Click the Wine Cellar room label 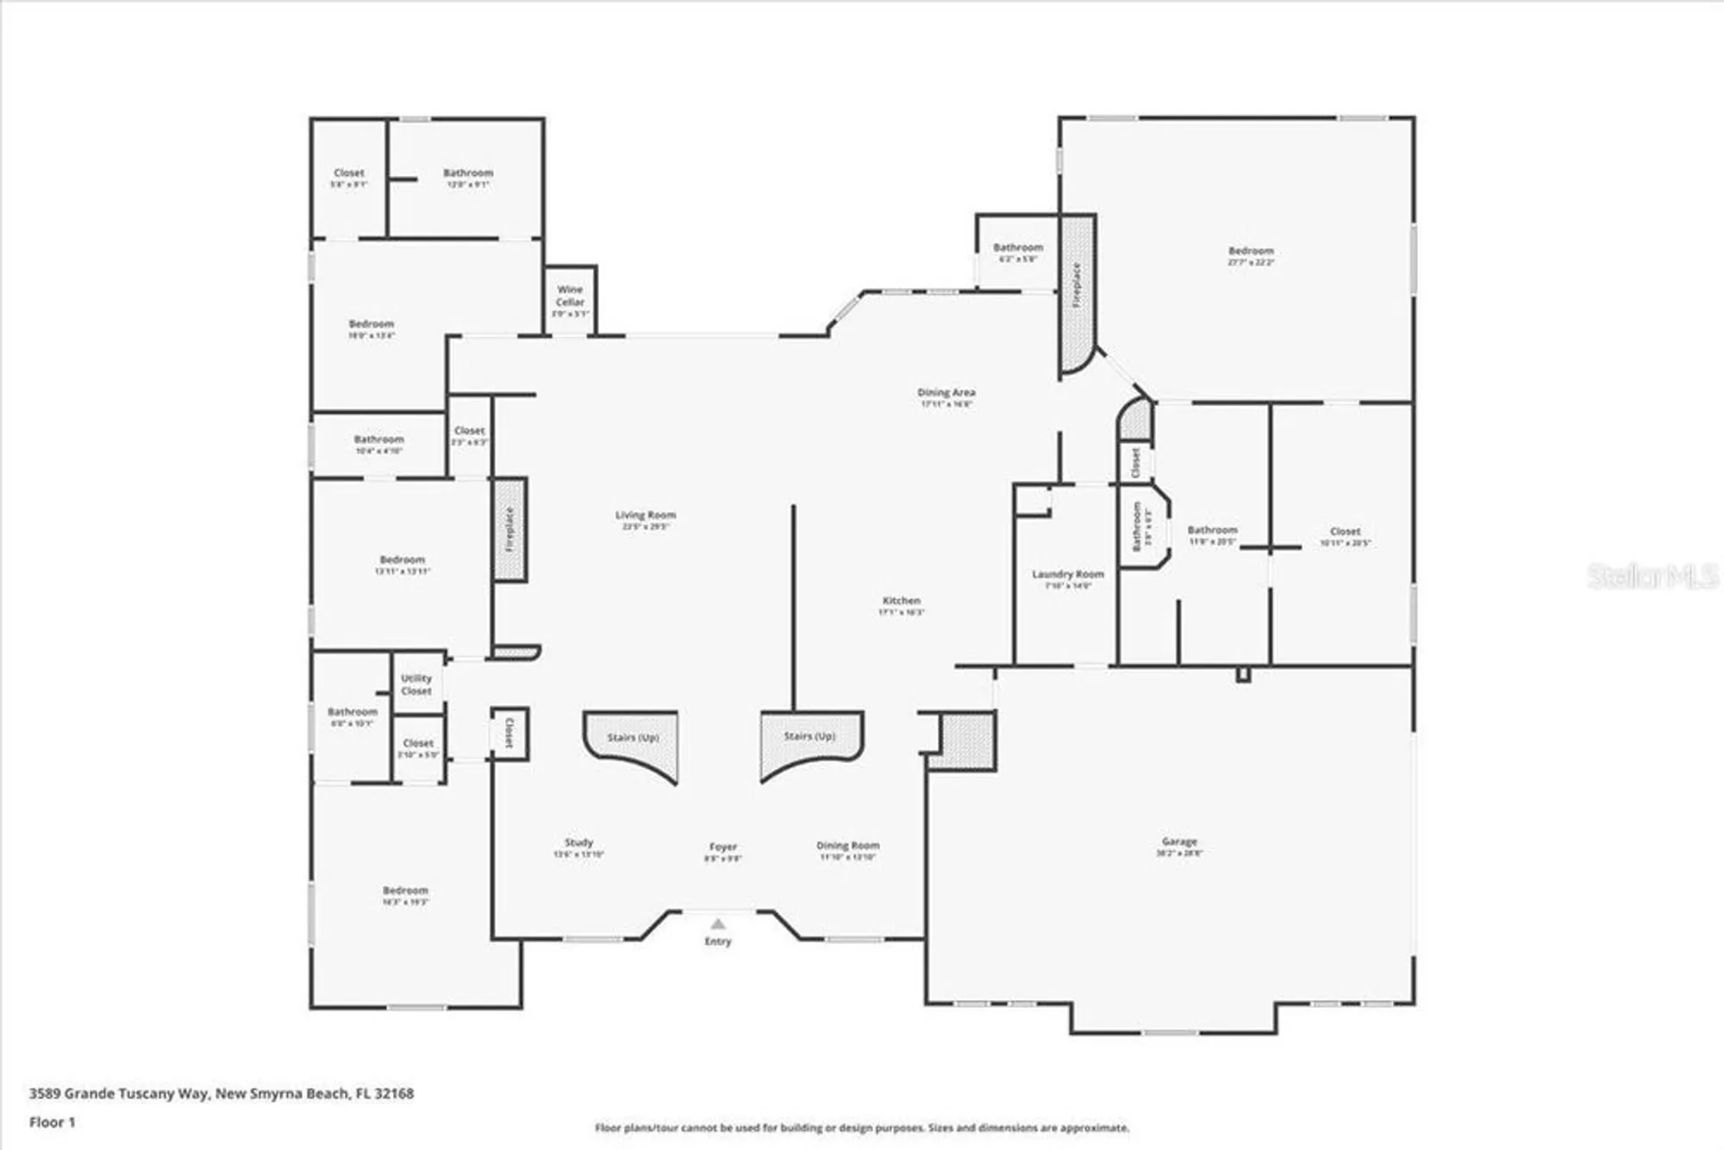point(570,296)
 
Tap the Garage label point(1178,841)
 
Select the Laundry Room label point(1067,574)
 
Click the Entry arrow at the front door point(718,924)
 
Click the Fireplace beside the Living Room point(509,529)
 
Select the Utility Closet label point(416,684)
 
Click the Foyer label point(722,847)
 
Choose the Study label point(578,842)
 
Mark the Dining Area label point(946,393)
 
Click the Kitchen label point(901,601)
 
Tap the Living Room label point(645,516)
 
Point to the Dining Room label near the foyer point(847,846)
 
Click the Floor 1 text point(53,1122)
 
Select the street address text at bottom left point(222,1093)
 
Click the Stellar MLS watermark point(1652,576)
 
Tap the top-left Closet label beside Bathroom point(349,173)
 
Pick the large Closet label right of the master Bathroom point(1345,532)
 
